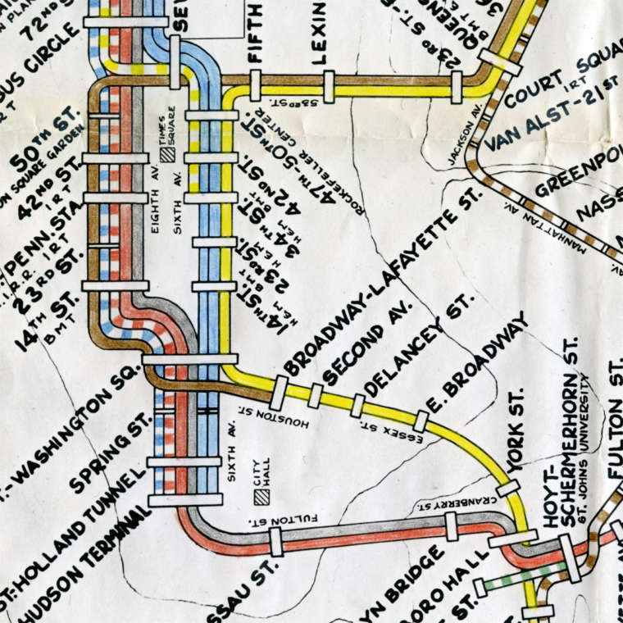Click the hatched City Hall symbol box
[x=261, y=496]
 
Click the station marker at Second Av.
[x=316, y=395]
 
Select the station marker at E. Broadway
[x=421, y=421]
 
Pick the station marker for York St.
[x=508, y=489]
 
